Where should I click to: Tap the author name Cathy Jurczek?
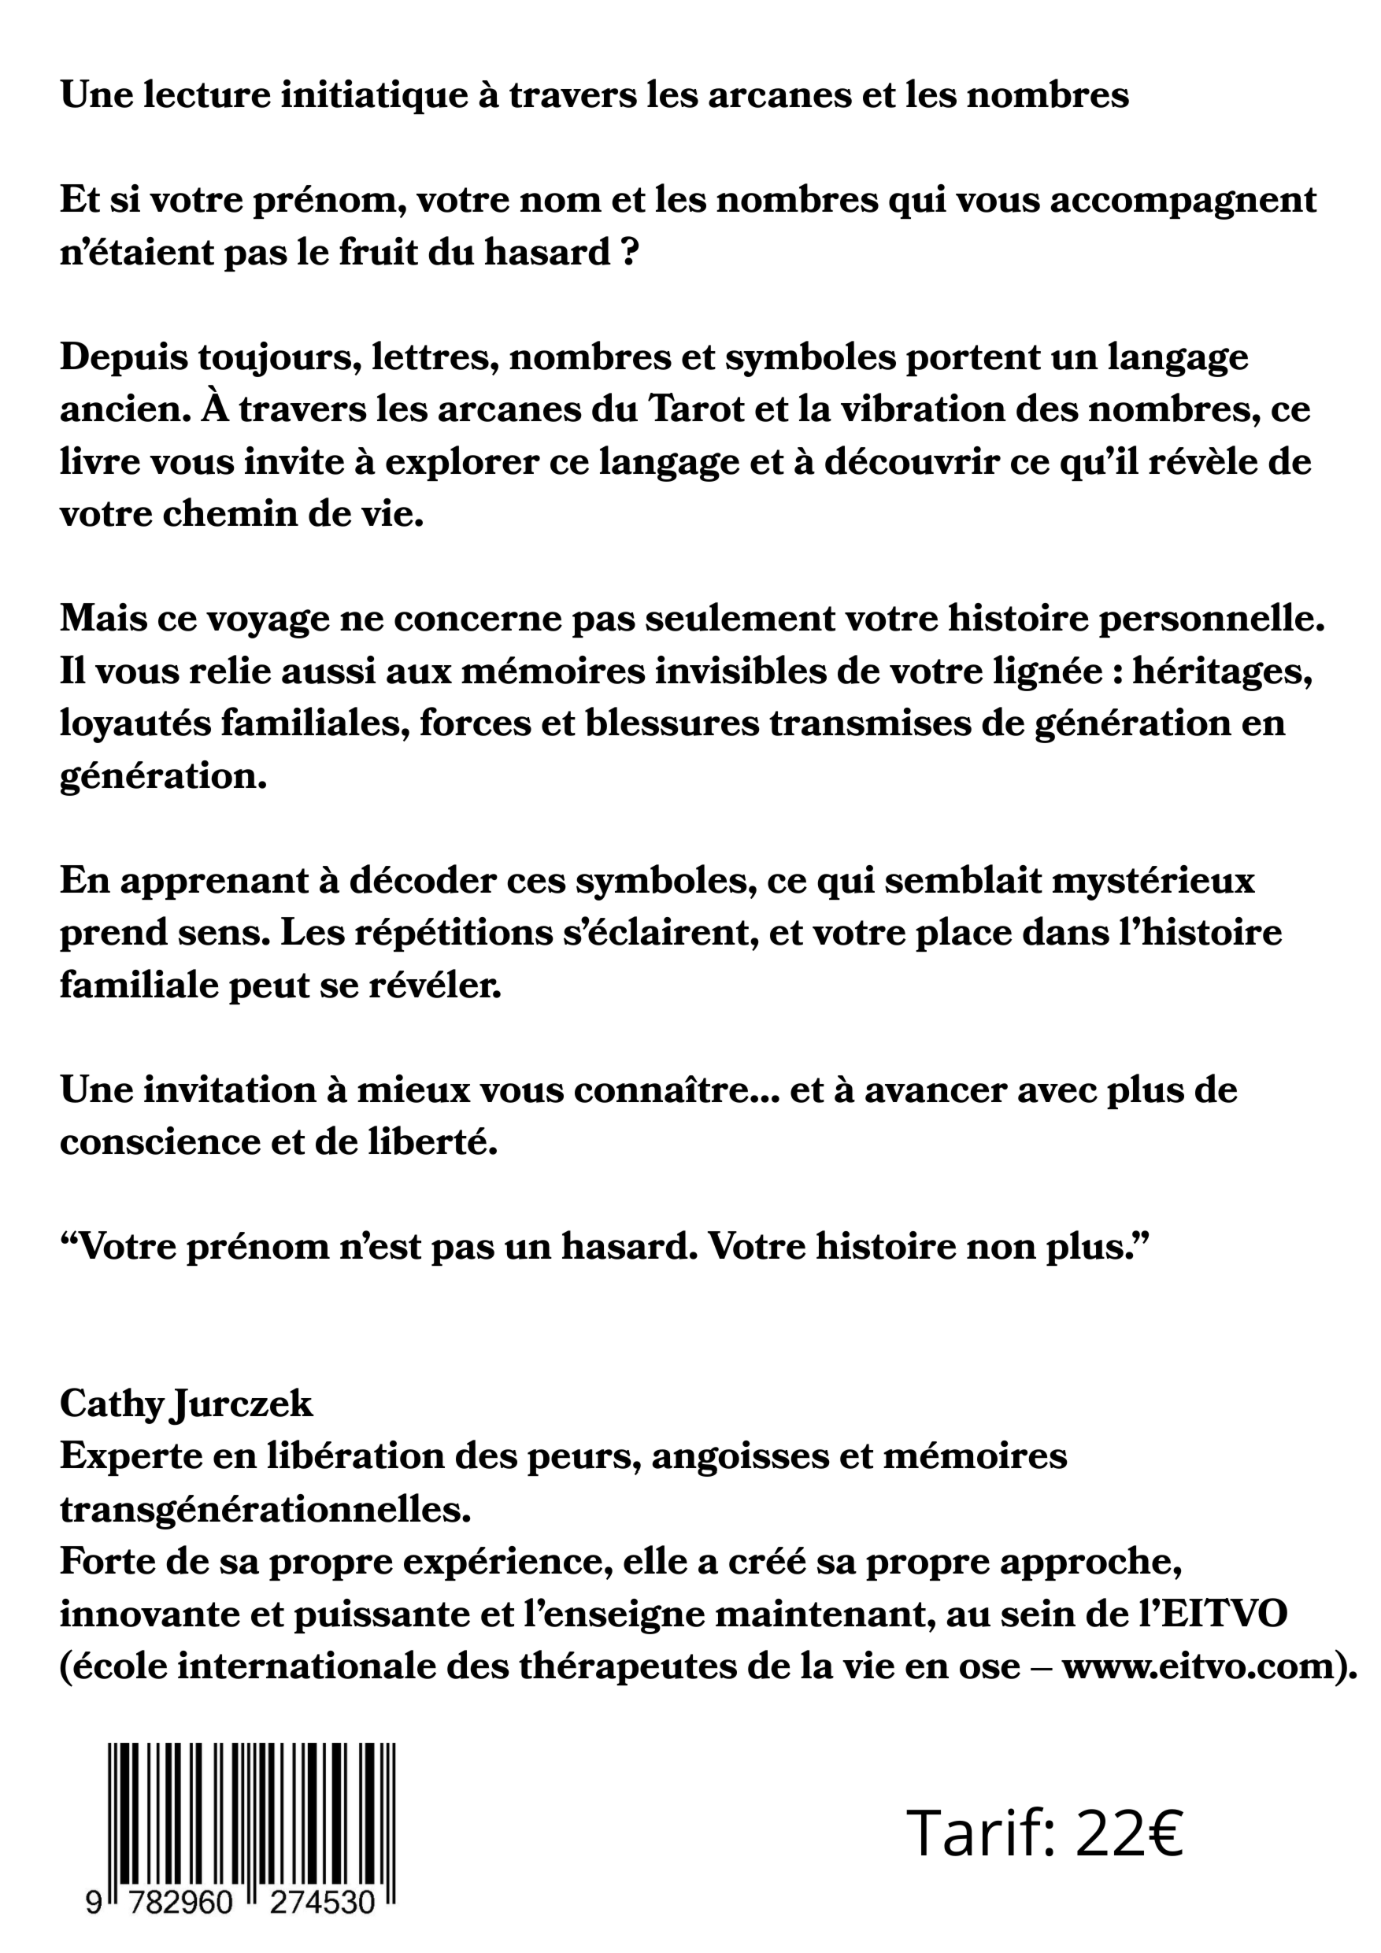click(187, 1403)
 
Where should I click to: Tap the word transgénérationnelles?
click(265, 1509)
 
